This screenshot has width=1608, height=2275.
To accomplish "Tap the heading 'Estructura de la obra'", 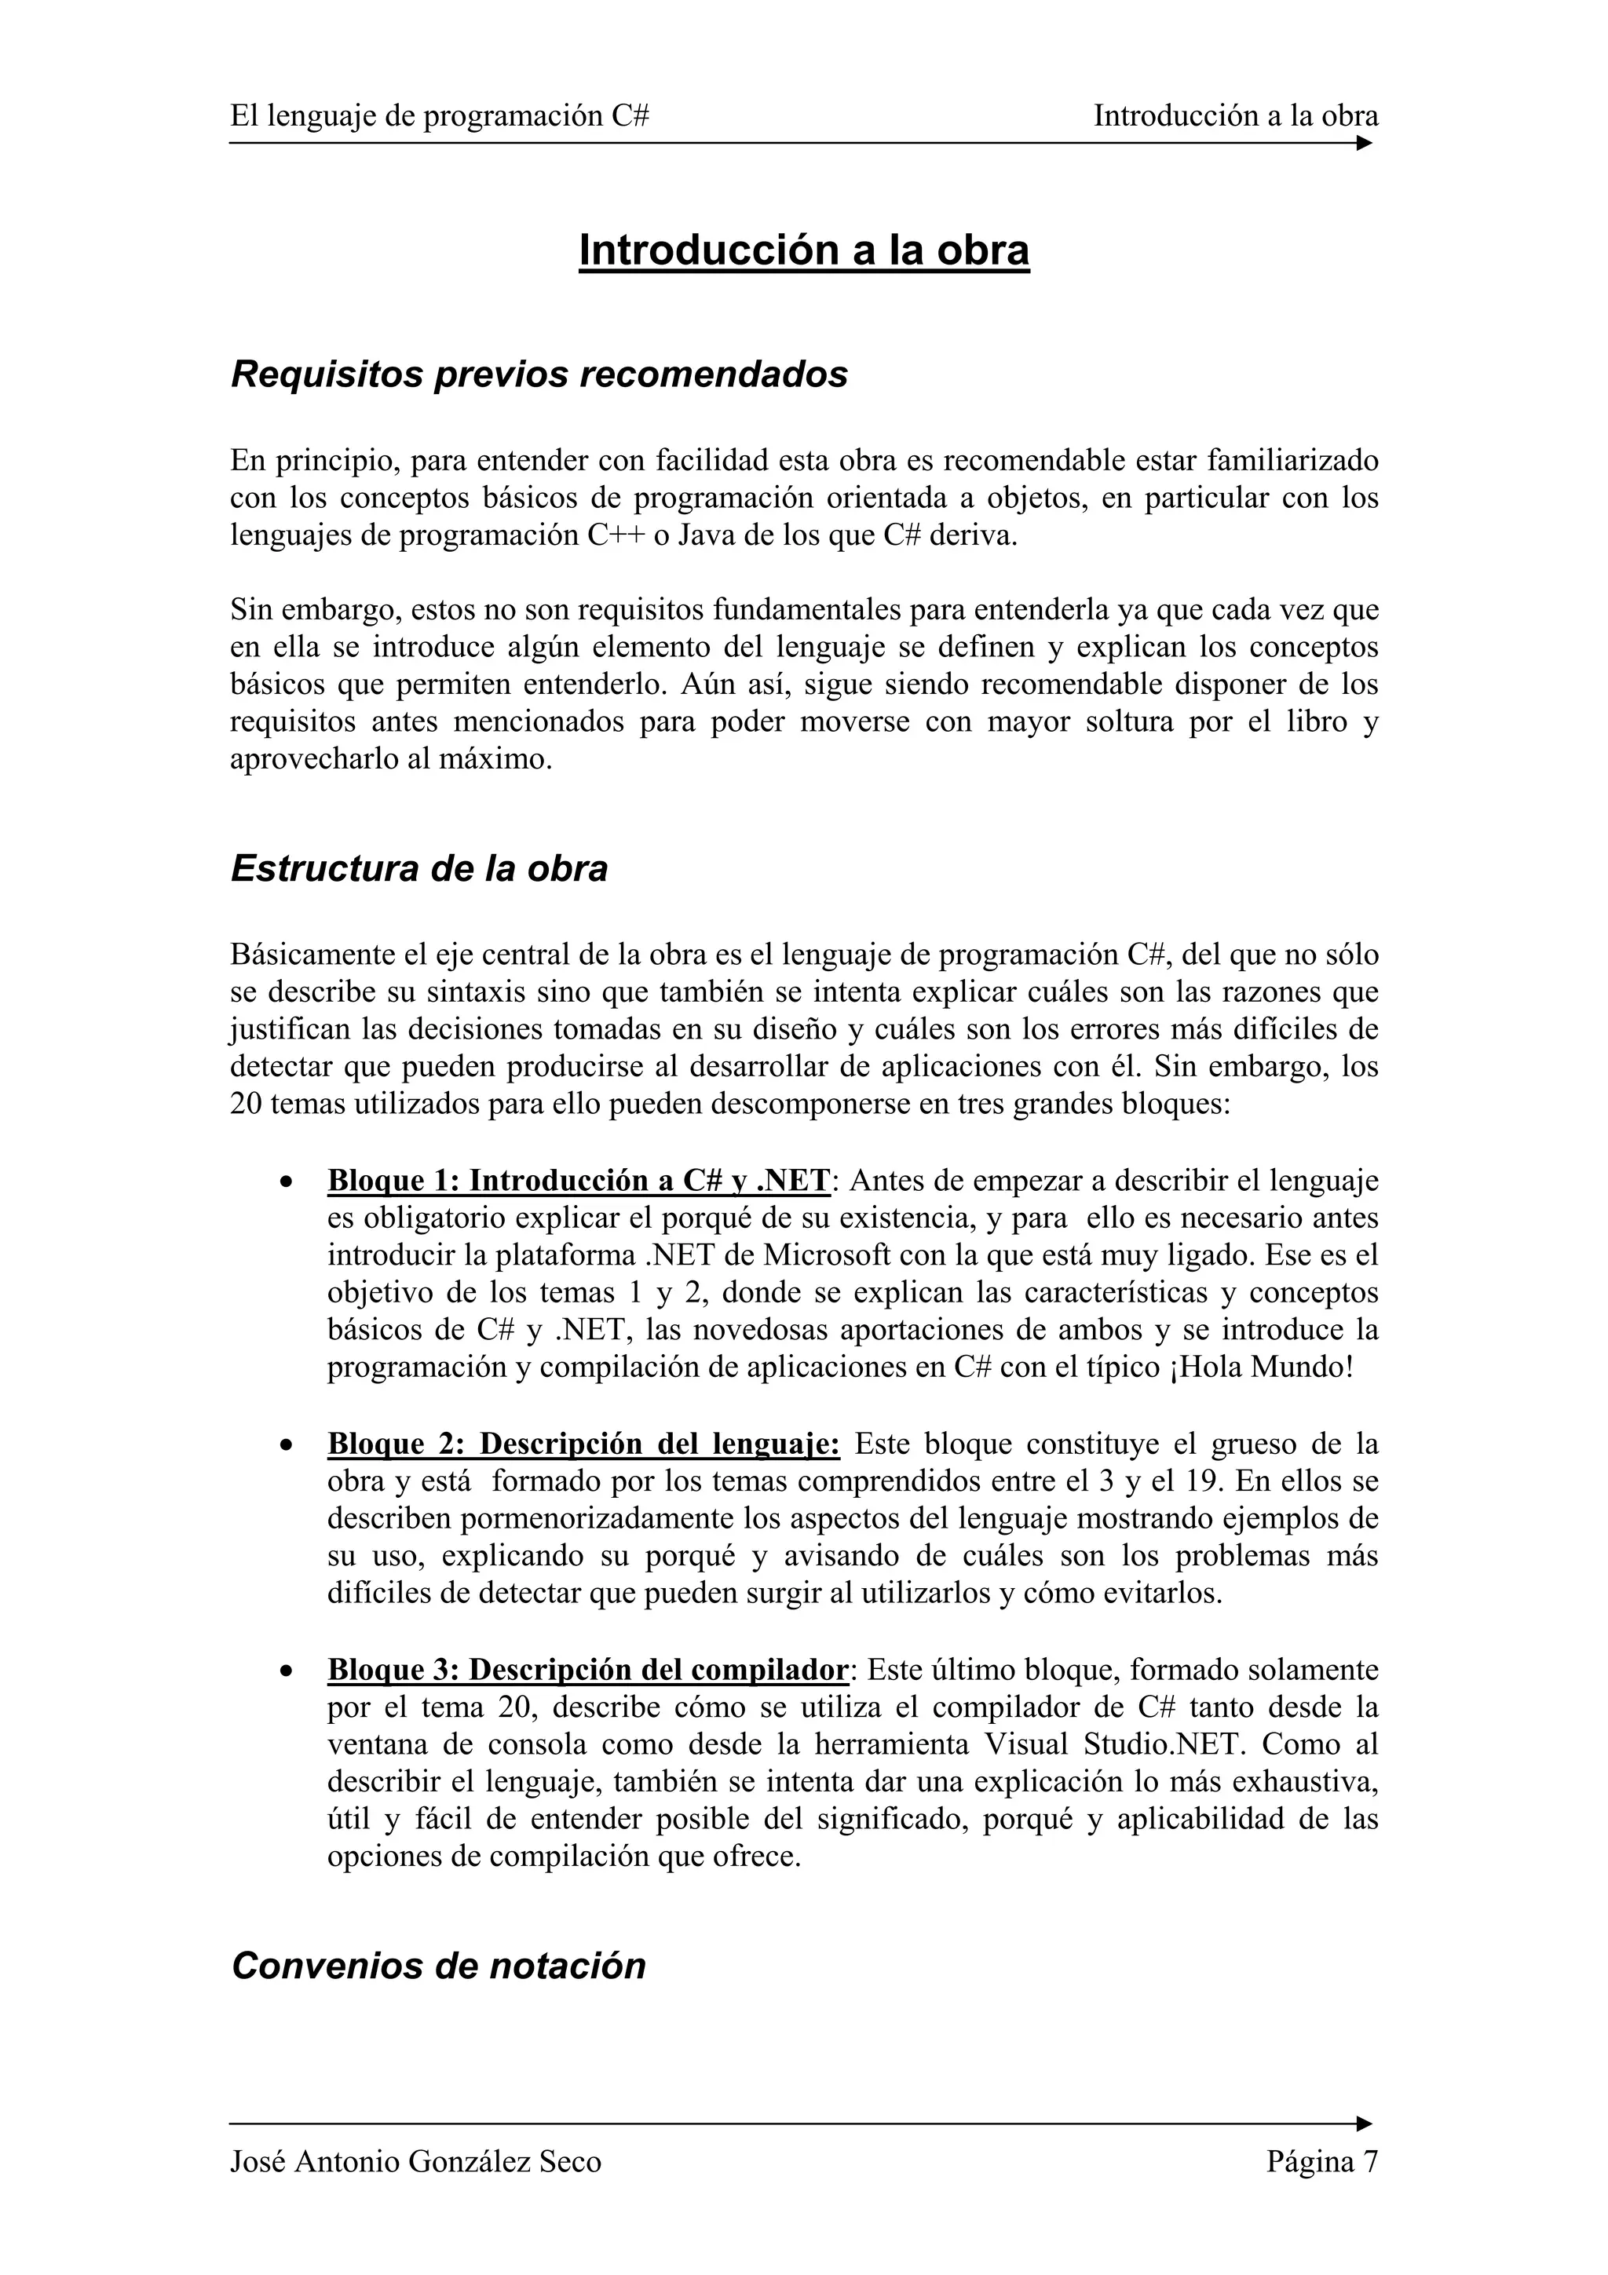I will pos(419,868).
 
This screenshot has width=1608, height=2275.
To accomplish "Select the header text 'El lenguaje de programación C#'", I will pos(440,117).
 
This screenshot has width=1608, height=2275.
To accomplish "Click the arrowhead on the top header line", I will pos(1365,143).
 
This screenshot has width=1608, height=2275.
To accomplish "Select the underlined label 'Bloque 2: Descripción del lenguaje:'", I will pos(583,1444).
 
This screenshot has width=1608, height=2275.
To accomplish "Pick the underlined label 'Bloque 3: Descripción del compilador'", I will pos(587,1671).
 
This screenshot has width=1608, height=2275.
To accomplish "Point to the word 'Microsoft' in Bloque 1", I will pos(824,1255).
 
